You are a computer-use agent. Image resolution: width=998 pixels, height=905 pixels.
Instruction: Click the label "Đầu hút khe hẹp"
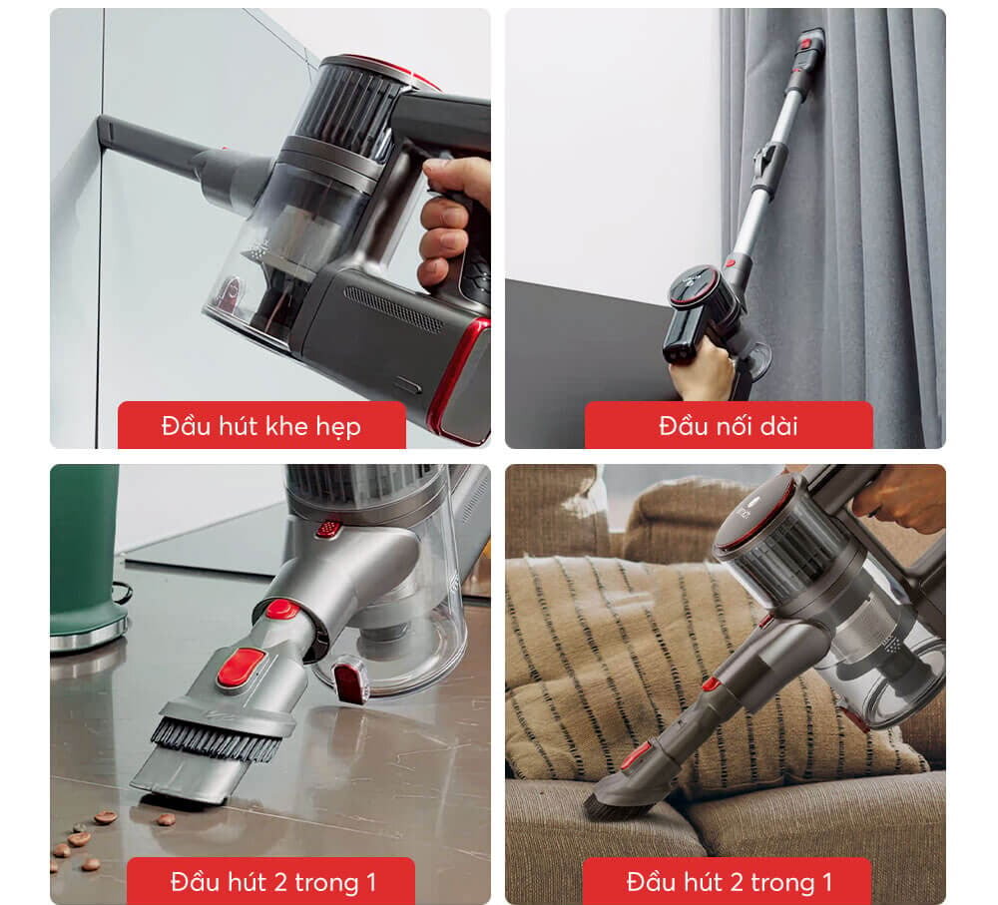[261, 427]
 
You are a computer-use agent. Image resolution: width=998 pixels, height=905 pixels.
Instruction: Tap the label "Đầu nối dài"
[728, 427]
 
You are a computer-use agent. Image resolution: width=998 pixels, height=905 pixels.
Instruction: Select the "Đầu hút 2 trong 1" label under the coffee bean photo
[272, 882]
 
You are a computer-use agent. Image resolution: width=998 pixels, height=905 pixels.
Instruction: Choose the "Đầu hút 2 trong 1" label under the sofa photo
[729, 882]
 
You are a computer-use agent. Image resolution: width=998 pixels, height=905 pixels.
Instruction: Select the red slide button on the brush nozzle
[241, 667]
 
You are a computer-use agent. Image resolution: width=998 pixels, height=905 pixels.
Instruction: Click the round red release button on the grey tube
[281, 609]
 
